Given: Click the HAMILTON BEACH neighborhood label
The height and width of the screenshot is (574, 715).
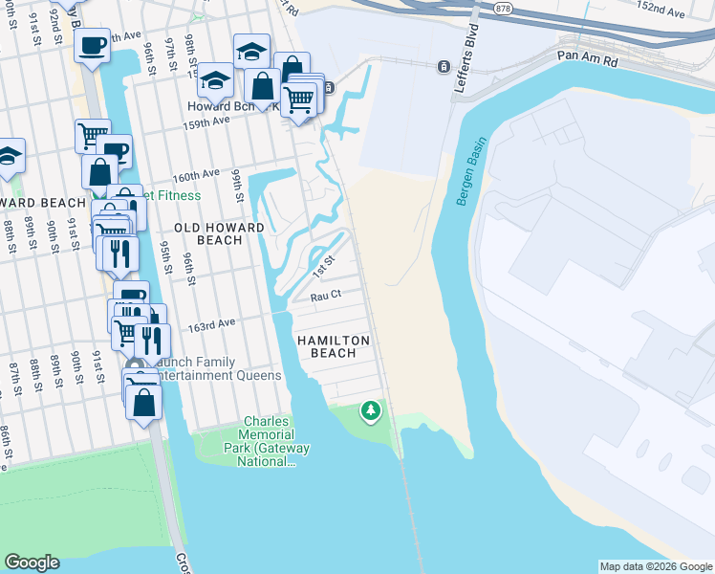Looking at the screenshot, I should [x=326, y=346].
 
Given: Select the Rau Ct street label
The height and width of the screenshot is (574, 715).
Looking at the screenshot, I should [x=326, y=297].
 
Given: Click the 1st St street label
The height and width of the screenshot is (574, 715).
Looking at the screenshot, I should [x=325, y=267].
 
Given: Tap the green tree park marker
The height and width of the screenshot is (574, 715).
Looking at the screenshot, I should [x=370, y=411].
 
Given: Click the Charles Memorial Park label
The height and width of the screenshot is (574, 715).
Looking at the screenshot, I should [x=266, y=441].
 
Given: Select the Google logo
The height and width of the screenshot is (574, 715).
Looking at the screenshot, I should [x=32, y=563].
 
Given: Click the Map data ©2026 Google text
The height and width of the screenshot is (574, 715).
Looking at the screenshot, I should [x=655, y=566].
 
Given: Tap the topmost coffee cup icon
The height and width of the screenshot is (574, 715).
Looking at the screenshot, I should [x=93, y=47].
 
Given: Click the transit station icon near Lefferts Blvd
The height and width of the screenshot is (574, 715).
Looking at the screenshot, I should [x=444, y=66].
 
